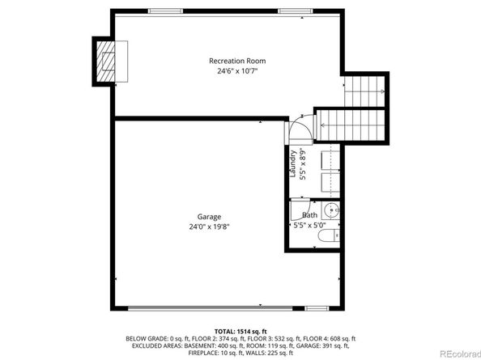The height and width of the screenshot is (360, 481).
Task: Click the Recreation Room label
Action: pos(237,61)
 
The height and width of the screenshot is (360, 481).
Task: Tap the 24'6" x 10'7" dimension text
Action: pos(237,71)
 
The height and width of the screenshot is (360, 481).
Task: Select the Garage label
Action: pos(209,217)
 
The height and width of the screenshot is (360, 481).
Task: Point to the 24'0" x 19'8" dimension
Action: pos(209,227)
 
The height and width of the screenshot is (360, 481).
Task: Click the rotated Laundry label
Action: pos(293,163)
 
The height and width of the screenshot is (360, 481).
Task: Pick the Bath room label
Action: pos(310,214)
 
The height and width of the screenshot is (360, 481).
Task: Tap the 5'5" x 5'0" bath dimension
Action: pos(309,226)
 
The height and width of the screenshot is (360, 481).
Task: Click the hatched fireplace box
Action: pos(106,61)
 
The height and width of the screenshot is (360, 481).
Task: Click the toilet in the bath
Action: pos(329,235)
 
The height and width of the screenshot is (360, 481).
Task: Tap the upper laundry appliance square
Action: pos(330,161)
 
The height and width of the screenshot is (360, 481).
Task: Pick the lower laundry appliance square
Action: pos(330,183)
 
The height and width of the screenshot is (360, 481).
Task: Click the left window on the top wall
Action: pos(166,11)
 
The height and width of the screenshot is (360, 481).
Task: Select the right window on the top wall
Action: pos(296,11)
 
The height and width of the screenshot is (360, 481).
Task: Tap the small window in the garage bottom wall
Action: pos(317,308)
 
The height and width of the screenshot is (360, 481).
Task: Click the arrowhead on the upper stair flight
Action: pos(382,91)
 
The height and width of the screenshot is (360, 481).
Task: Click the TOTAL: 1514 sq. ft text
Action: pos(240,332)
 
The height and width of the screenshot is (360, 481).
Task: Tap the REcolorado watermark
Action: pos(460,354)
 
